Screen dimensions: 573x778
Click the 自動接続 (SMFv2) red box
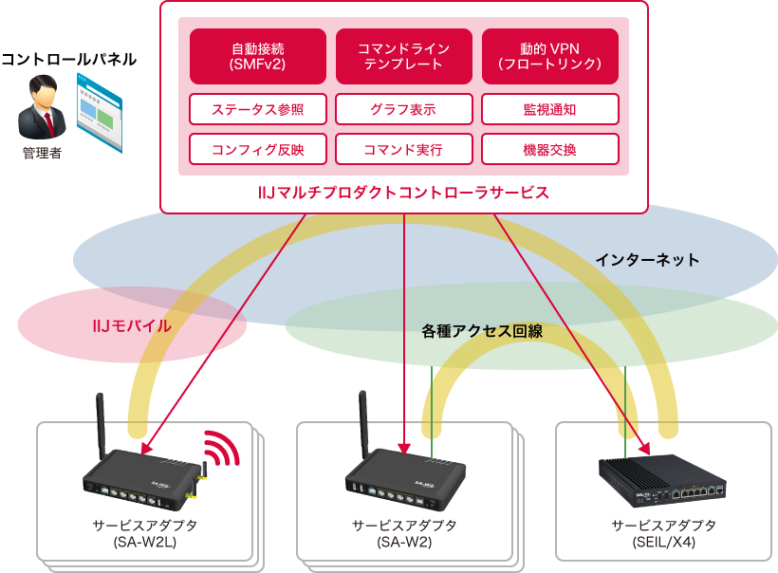pyautogui.click(x=258, y=56)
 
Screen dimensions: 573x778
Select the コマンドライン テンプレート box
pyautogui.click(x=404, y=56)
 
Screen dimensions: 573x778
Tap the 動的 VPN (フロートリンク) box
pyautogui.click(x=550, y=56)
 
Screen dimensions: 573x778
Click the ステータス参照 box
pyautogui.click(x=258, y=109)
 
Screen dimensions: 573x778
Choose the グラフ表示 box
pyautogui.click(x=404, y=109)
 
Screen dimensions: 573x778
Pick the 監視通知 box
pyautogui.click(x=550, y=109)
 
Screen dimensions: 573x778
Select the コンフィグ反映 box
pyautogui.click(x=258, y=150)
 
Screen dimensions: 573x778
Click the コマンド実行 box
pyautogui.click(x=404, y=150)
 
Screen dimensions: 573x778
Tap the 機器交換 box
pyautogui.click(x=550, y=150)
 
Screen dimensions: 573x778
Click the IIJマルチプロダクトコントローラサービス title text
pyautogui.click(x=404, y=193)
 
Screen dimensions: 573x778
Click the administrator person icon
pyautogui.click(x=42, y=108)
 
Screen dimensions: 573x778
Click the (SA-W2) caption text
pyautogui.click(x=404, y=543)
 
